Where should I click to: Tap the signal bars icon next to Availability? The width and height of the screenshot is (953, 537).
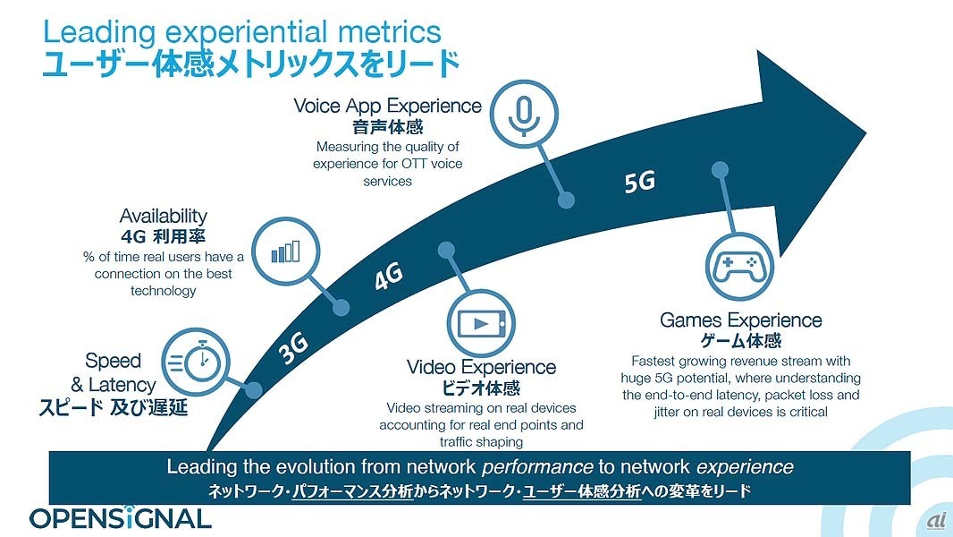point(286,251)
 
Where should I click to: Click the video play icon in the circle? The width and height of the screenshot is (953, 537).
point(481,323)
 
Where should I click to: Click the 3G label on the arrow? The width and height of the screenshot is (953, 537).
point(294,348)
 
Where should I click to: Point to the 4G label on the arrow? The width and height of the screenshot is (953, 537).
point(389,276)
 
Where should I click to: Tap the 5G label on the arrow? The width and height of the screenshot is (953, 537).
point(640,181)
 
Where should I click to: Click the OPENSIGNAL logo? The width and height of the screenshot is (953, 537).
point(121,517)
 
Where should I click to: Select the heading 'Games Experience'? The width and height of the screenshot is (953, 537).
point(741,320)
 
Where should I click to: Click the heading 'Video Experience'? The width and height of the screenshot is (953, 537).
point(481,367)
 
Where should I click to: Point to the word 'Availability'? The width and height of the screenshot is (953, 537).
point(163,216)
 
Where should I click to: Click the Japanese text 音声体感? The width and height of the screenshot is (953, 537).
point(388,127)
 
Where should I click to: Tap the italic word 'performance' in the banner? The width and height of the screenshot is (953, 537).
point(536,467)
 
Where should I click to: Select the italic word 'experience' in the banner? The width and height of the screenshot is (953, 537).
point(745,467)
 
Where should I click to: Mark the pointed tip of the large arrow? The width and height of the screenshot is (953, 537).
point(866,132)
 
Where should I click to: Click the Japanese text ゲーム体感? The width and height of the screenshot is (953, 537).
point(741,341)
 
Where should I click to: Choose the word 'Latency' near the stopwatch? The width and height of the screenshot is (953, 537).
point(122,385)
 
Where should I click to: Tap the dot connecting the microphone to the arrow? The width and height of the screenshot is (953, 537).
point(566,200)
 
